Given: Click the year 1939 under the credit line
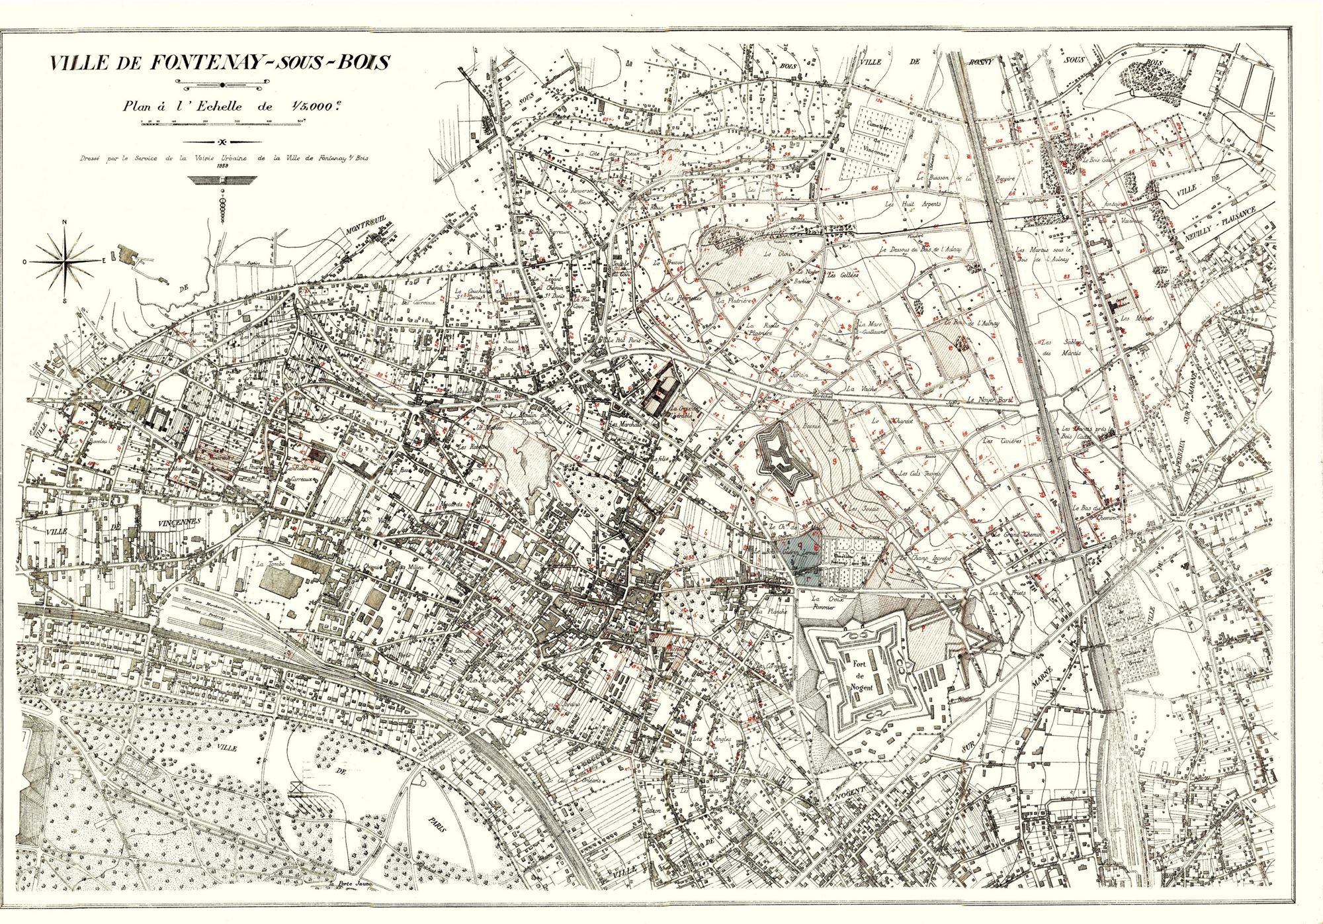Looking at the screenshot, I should click(x=222, y=166).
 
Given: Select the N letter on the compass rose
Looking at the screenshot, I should click(x=64, y=223).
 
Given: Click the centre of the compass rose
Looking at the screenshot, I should click(x=65, y=261).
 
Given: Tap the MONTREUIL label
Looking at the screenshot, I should click(x=365, y=227).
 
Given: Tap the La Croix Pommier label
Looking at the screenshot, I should click(x=821, y=602).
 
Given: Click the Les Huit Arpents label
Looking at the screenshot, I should click(x=913, y=205).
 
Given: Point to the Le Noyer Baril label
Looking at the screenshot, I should click(x=990, y=400).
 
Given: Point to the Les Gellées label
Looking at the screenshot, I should click(x=843, y=275).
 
